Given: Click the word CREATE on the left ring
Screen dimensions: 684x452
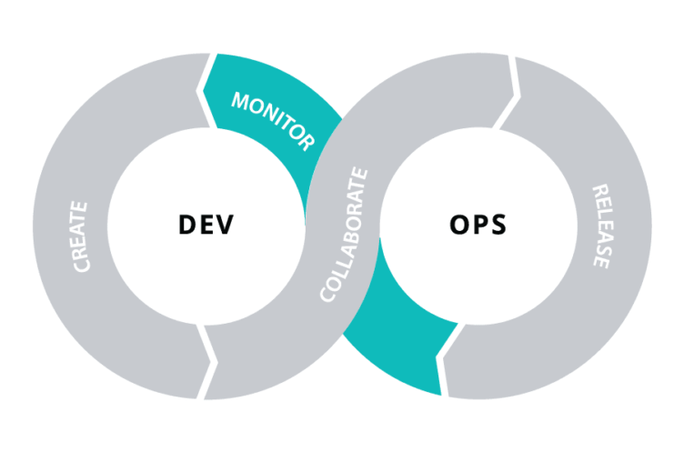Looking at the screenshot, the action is tap(80, 236).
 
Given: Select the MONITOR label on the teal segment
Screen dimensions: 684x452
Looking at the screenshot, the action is tap(273, 121).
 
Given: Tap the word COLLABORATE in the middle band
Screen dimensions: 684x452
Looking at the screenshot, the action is tap(344, 235).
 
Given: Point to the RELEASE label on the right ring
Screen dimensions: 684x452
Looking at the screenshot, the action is tap(602, 226).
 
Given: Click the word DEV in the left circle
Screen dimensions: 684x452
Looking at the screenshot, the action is tap(206, 225).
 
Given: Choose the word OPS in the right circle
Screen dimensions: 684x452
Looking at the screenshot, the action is tap(478, 225).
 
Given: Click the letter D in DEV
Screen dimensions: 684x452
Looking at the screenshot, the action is tap(187, 225).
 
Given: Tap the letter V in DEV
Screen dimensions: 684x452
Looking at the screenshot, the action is tap(225, 225).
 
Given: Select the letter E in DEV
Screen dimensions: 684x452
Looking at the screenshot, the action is tap(206, 225).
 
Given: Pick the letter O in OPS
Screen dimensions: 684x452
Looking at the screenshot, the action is tap(459, 225).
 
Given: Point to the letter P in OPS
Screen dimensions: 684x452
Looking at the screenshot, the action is tap(480, 225).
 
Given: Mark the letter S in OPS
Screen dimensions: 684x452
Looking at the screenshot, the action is tap(498, 225).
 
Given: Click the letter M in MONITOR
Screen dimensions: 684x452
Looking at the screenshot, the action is tap(240, 101).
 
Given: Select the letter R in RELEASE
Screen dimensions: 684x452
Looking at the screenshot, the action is tap(600, 192).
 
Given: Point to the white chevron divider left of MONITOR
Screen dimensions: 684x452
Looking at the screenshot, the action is tap(206, 91).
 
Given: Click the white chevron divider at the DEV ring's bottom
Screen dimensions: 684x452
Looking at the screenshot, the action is tap(206, 362).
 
